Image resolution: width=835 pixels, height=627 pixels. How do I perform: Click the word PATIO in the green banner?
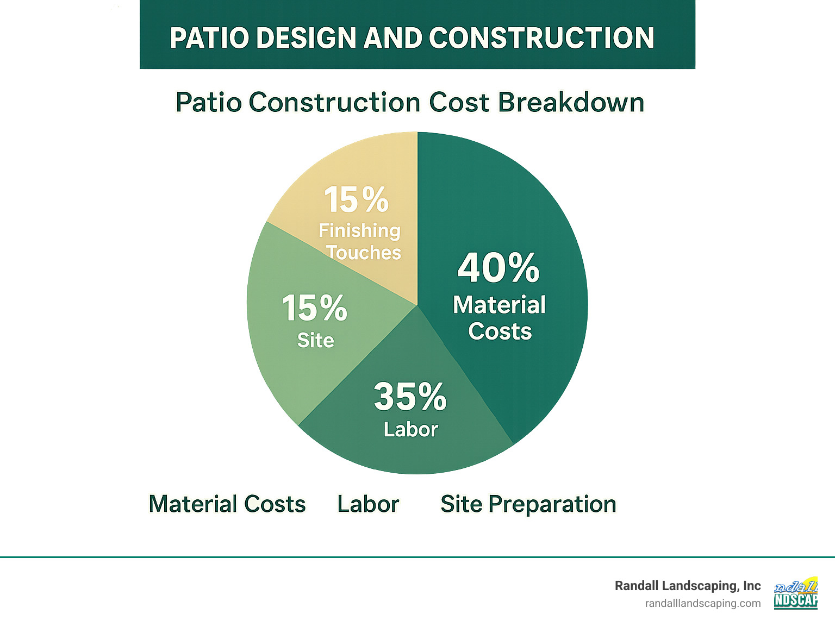point(209,39)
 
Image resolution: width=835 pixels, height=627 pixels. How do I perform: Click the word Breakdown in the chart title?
point(571,103)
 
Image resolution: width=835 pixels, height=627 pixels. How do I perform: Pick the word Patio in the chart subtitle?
point(208,103)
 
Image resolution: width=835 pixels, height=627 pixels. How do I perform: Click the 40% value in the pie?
point(498,268)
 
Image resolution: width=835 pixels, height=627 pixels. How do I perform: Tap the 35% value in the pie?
point(410,397)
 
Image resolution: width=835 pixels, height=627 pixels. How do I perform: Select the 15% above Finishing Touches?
point(357,200)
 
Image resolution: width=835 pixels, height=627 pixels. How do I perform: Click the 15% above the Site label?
point(314,308)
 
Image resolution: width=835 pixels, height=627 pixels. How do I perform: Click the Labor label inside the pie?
point(410,430)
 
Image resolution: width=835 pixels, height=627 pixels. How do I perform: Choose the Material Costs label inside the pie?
point(500,318)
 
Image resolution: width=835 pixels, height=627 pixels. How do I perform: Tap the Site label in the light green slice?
point(315,341)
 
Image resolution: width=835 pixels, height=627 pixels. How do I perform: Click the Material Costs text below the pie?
point(227,504)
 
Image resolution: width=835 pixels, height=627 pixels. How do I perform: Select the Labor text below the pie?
point(368,504)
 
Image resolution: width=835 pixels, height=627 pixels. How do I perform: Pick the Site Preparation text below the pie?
point(528,504)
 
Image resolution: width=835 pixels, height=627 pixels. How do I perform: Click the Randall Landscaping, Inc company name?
point(687,586)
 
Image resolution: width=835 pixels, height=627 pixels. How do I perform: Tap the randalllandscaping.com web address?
point(702,604)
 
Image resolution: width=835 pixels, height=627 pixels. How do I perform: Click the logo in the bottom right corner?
point(796,593)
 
